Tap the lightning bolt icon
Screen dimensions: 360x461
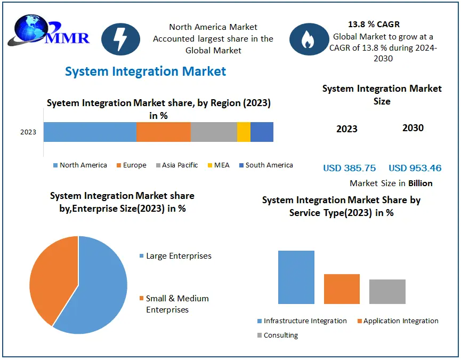tap(120, 39)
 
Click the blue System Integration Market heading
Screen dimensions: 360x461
tap(145, 71)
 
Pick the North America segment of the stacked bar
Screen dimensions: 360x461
tap(90, 132)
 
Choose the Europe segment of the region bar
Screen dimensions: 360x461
tap(163, 132)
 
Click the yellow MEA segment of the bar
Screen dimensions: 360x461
tap(244, 132)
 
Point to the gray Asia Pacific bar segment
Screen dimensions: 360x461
tap(214, 132)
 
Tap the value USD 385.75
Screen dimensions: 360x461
tap(349, 168)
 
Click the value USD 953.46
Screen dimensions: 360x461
tap(415, 168)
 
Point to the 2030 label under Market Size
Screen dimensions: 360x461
tap(413, 128)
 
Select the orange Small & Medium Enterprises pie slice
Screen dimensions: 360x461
tap(51, 277)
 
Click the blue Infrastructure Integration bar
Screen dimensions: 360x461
tap(296, 277)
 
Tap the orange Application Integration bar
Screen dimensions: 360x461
tap(342, 289)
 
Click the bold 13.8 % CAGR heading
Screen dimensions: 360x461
tap(374, 25)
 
